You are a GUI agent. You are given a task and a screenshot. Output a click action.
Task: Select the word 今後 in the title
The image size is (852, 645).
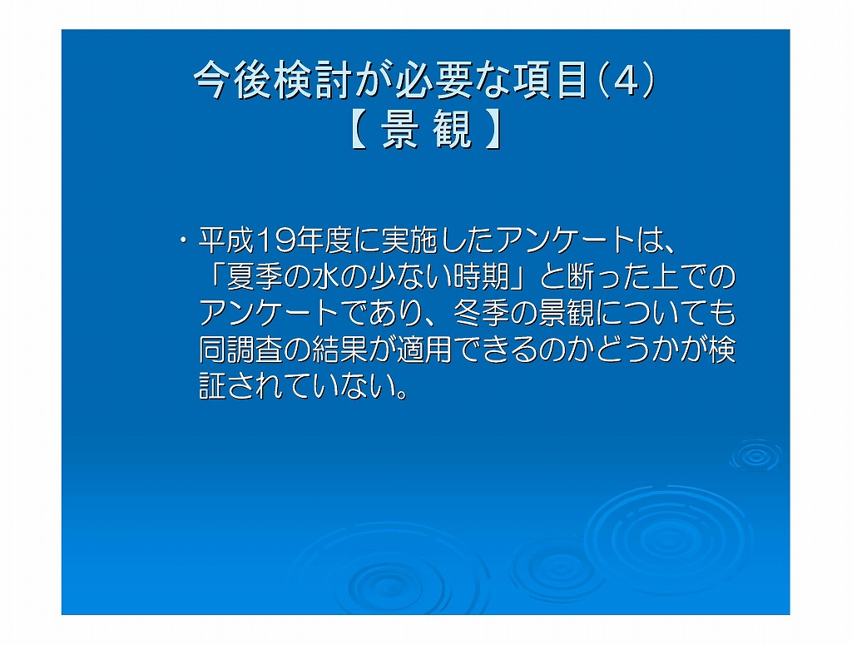coord(234,81)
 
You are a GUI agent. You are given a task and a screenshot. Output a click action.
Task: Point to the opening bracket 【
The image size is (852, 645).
coord(359,131)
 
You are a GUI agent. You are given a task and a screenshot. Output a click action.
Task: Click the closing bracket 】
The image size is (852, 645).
coord(493,131)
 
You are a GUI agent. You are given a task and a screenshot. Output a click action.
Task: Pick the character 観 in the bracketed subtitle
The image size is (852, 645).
coord(452,131)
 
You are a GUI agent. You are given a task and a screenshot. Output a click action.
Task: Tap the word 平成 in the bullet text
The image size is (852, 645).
coord(226,241)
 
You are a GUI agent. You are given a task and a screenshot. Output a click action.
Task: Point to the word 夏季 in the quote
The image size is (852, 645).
coord(255,277)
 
